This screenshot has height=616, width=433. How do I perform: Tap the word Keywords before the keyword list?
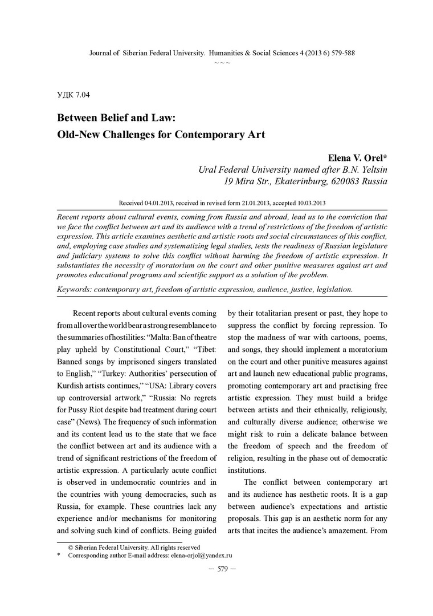(x=75, y=289)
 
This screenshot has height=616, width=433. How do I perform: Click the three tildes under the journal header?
(x=222, y=62)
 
